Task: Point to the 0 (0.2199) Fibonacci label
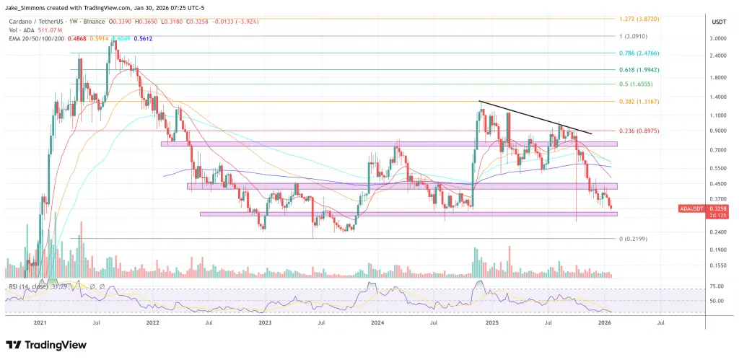pyautogui.click(x=633, y=238)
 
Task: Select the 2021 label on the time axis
pyautogui.click(x=41, y=325)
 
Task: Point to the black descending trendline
pyautogui.click(x=534, y=117)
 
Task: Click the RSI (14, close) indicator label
pyautogui.click(x=29, y=287)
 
